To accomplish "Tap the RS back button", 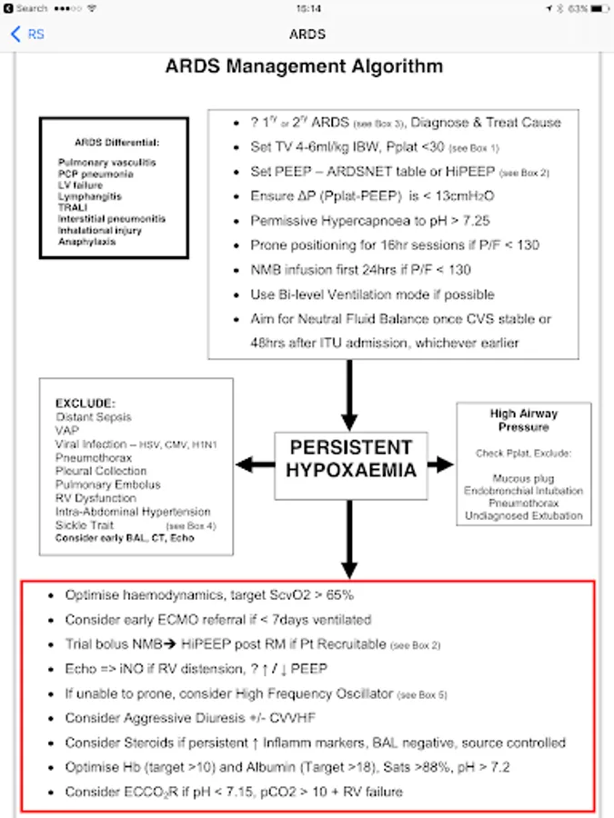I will [x=26, y=35].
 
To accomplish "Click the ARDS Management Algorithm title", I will [x=305, y=67].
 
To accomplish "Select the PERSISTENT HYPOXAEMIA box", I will [x=350, y=459].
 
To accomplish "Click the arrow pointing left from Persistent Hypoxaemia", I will [x=255, y=464].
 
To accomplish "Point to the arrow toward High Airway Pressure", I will [x=440, y=464].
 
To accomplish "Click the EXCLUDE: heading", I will [x=86, y=403].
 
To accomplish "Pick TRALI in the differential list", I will [x=73, y=207].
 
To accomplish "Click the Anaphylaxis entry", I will [x=87, y=242].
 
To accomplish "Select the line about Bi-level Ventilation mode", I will [x=372, y=294].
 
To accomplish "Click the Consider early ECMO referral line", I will [x=218, y=620].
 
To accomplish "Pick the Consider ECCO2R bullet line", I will [x=234, y=792].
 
